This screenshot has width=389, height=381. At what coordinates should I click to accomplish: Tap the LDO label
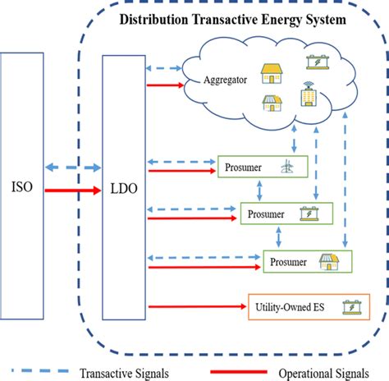coord(122,189)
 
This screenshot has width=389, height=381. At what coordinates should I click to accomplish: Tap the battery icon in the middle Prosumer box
coord(312,215)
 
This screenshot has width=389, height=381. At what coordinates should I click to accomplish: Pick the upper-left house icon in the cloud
coord(270,74)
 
